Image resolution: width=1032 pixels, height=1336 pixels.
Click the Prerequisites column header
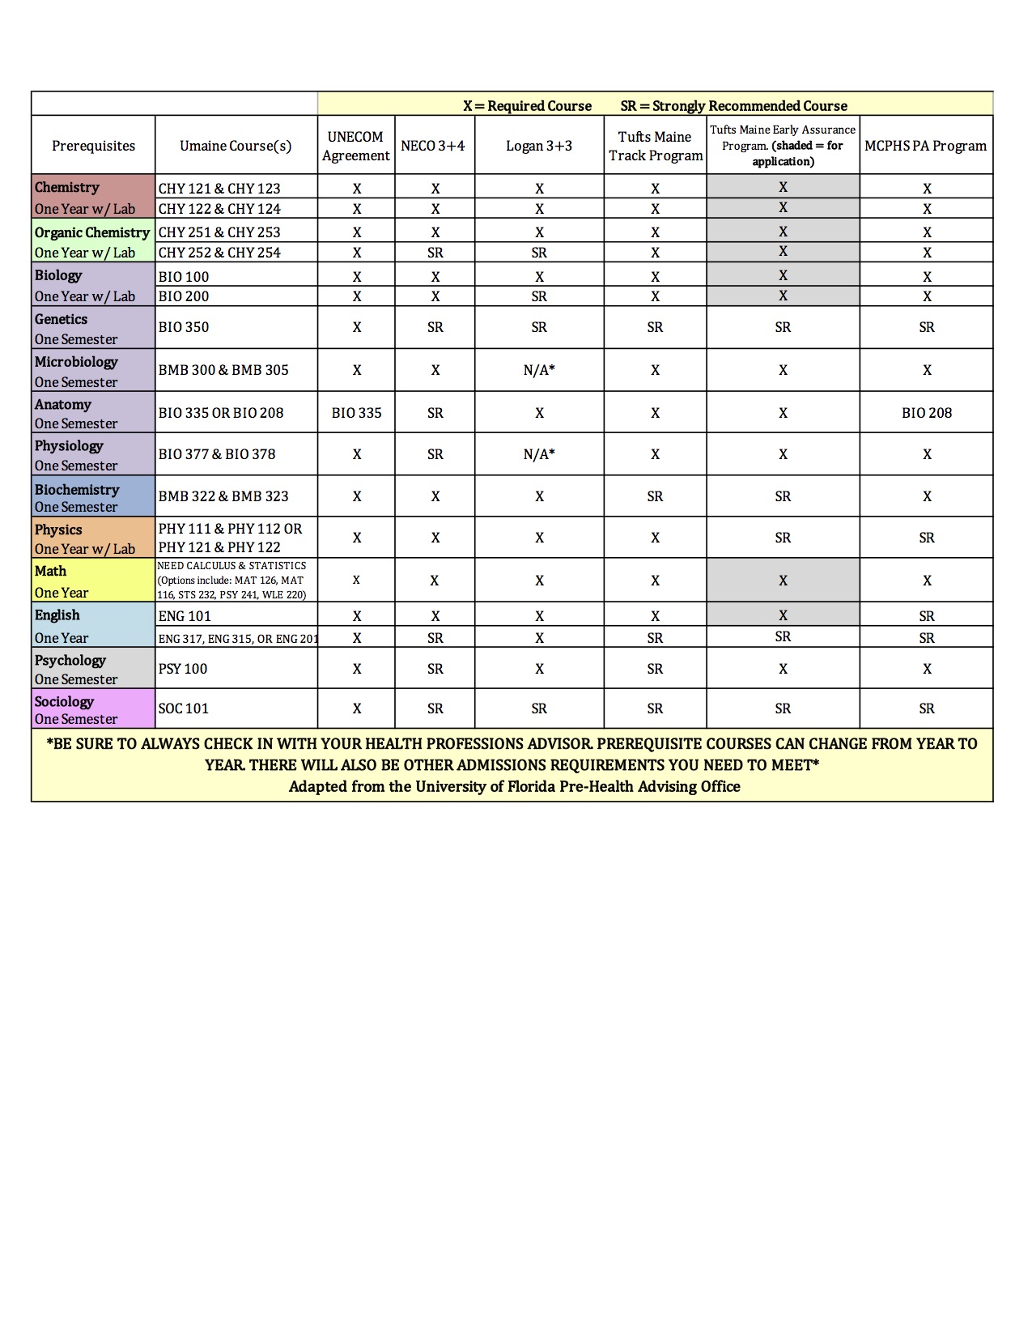click(93, 146)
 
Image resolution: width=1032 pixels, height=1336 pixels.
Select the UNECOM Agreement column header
click(355, 146)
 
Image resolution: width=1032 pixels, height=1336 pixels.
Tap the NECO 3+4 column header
click(433, 146)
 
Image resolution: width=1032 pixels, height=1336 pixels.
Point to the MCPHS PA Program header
click(925, 146)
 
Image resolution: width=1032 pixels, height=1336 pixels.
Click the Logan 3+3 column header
click(539, 146)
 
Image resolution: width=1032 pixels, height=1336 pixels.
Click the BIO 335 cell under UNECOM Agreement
click(356, 413)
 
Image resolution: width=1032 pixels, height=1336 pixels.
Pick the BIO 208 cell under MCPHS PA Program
click(927, 413)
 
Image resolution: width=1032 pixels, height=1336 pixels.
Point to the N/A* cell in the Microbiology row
click(539, 370)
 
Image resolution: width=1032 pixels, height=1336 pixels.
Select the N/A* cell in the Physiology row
click(539, 454)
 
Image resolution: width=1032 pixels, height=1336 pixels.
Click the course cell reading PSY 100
click(183, 669)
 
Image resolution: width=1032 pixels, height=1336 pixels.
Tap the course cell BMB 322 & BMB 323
click(223, 496)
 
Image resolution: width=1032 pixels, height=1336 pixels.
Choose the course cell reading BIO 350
click(184, 327)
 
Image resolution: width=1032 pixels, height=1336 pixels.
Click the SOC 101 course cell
click(184, 708)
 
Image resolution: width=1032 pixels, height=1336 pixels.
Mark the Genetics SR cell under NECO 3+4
click(435, 327)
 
